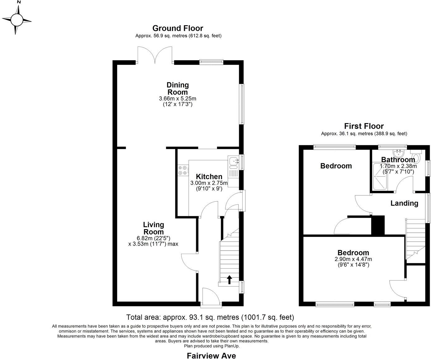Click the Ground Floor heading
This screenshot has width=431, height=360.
point(178,28)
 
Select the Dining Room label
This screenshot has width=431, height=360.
point(178,89)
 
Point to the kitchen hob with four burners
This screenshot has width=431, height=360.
point(182,170)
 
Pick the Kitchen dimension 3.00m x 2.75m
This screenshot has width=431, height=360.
point(209,183)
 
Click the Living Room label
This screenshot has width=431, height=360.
point(153,228)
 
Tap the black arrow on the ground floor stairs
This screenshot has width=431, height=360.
point(229,280)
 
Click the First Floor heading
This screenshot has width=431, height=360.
point(364,126)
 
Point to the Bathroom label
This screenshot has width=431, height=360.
point(398,160)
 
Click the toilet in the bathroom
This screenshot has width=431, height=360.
point(416,156)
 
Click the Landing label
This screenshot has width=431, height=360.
point(404,203)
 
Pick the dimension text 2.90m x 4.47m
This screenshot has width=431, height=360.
point(353,259)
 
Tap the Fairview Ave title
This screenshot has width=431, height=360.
point(211,356)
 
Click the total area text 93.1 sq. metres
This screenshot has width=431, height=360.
point(210,317)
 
